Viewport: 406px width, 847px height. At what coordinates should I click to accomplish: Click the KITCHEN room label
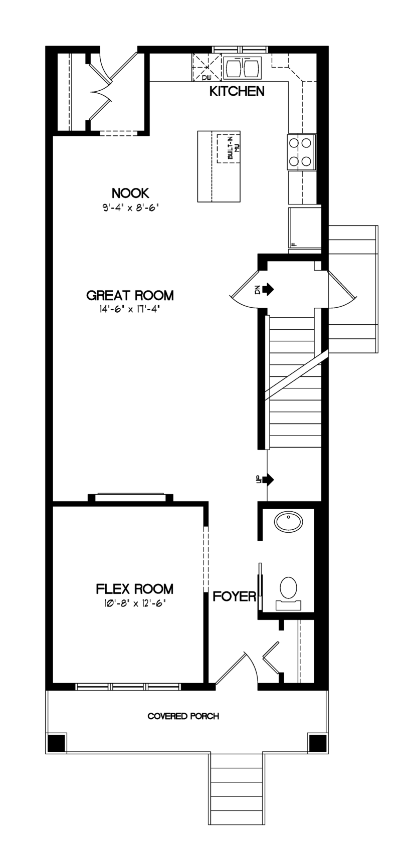tap(237, 91)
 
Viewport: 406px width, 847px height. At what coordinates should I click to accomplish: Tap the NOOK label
tap(130, 193)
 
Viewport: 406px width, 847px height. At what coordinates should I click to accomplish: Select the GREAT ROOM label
tap(130, 295)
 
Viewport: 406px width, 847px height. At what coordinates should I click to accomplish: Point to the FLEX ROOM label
tap(134, 589)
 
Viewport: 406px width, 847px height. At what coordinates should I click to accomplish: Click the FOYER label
tap(235, 596)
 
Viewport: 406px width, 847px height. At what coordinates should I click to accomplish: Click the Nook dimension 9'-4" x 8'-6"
tap(130, 208)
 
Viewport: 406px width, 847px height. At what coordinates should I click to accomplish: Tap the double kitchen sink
tap(242, 68)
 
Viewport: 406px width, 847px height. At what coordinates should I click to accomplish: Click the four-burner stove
tap(301, 152)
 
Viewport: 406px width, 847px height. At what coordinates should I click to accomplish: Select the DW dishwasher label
tap(206, 78)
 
